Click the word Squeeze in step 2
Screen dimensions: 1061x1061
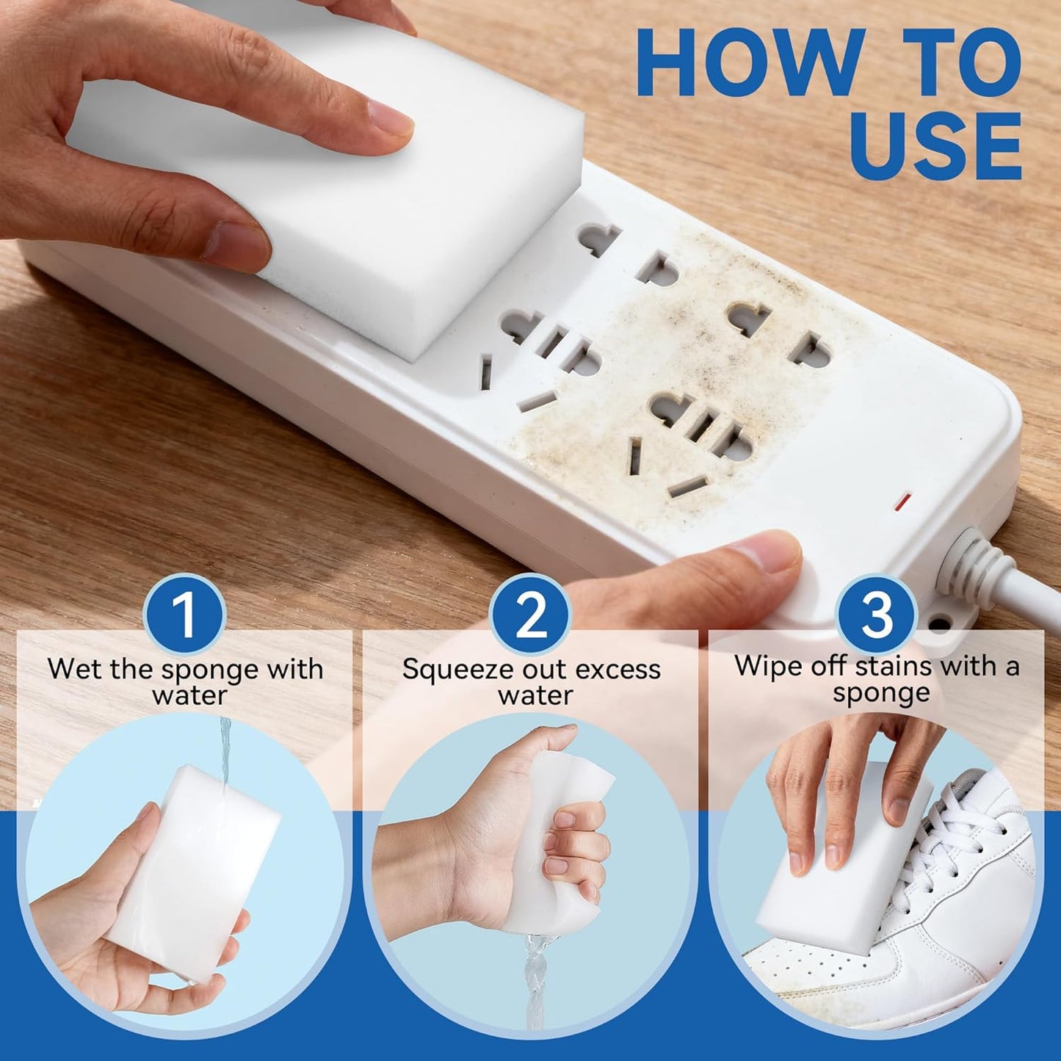(x=447, y=670)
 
